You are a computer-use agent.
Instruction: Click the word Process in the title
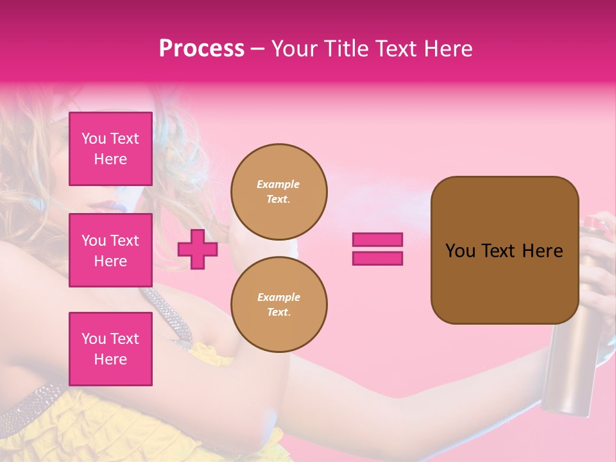pos(201,49)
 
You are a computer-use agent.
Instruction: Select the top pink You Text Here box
pos(110,149)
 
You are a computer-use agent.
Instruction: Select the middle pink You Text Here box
pos(110,250)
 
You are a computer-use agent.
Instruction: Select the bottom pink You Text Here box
pos(110,348)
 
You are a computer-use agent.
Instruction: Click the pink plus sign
pos(198,249)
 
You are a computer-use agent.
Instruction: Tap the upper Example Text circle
pos(278,192)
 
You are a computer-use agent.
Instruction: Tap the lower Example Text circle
pos(278,305)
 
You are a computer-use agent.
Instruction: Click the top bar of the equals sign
pos(377,239)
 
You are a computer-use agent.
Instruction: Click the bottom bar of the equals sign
pos(377,259)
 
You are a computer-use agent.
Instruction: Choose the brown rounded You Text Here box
pos(504,250)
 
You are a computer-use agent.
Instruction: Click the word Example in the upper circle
pos(278,184)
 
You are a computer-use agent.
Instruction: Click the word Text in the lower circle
pos(278,312)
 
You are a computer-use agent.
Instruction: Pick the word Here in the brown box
pos(542,251)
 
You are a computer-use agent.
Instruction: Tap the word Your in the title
pos(296,49)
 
